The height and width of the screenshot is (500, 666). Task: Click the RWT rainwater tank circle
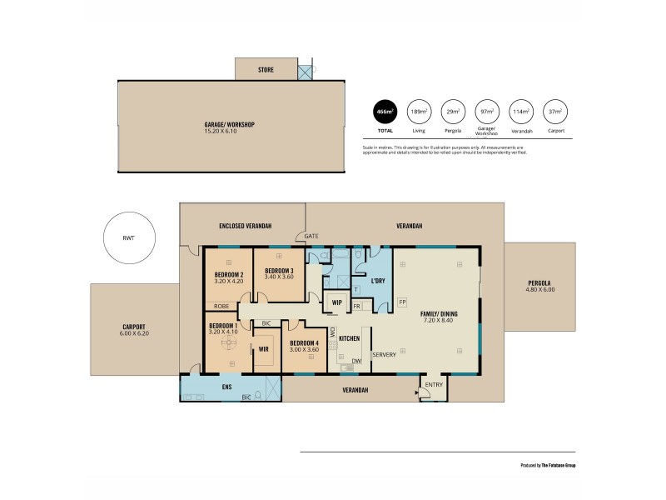tap(128, 238)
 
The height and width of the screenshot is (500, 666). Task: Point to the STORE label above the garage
tap(266, 70)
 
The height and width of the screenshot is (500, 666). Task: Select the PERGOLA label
tap(540, 283)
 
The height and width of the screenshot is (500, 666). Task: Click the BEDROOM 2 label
tap(228, 275)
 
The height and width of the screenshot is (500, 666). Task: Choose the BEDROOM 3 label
tap(279, 271)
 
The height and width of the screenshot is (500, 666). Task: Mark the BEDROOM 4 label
tap(305, 343)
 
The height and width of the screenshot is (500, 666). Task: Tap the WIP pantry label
tap(337, 302)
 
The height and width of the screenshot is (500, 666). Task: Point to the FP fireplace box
tap(402, 302)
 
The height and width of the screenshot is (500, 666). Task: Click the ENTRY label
tap(434, 384)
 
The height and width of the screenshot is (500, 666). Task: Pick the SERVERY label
tap(384, 355)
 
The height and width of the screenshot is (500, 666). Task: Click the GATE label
tap(311, 236)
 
